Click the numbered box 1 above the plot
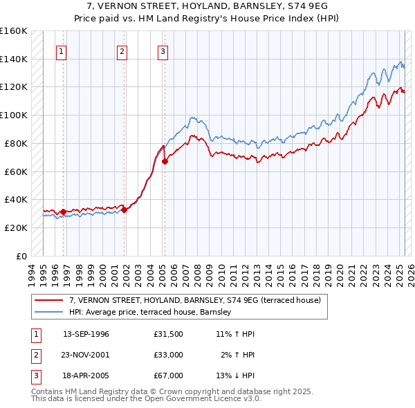(62, 50)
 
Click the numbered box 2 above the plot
(122, 50)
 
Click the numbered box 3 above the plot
(162, 50)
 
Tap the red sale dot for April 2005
(165, 162)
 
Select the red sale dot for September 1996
(63, 212)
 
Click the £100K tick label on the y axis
(14, 115)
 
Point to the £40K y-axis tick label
(17, 199)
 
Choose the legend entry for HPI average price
(153, 313)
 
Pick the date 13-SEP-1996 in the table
(86, 334)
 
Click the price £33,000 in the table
(168, 355)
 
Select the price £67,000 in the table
(168, 375)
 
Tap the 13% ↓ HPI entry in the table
(235, 375)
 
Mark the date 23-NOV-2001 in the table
(86, 355)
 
